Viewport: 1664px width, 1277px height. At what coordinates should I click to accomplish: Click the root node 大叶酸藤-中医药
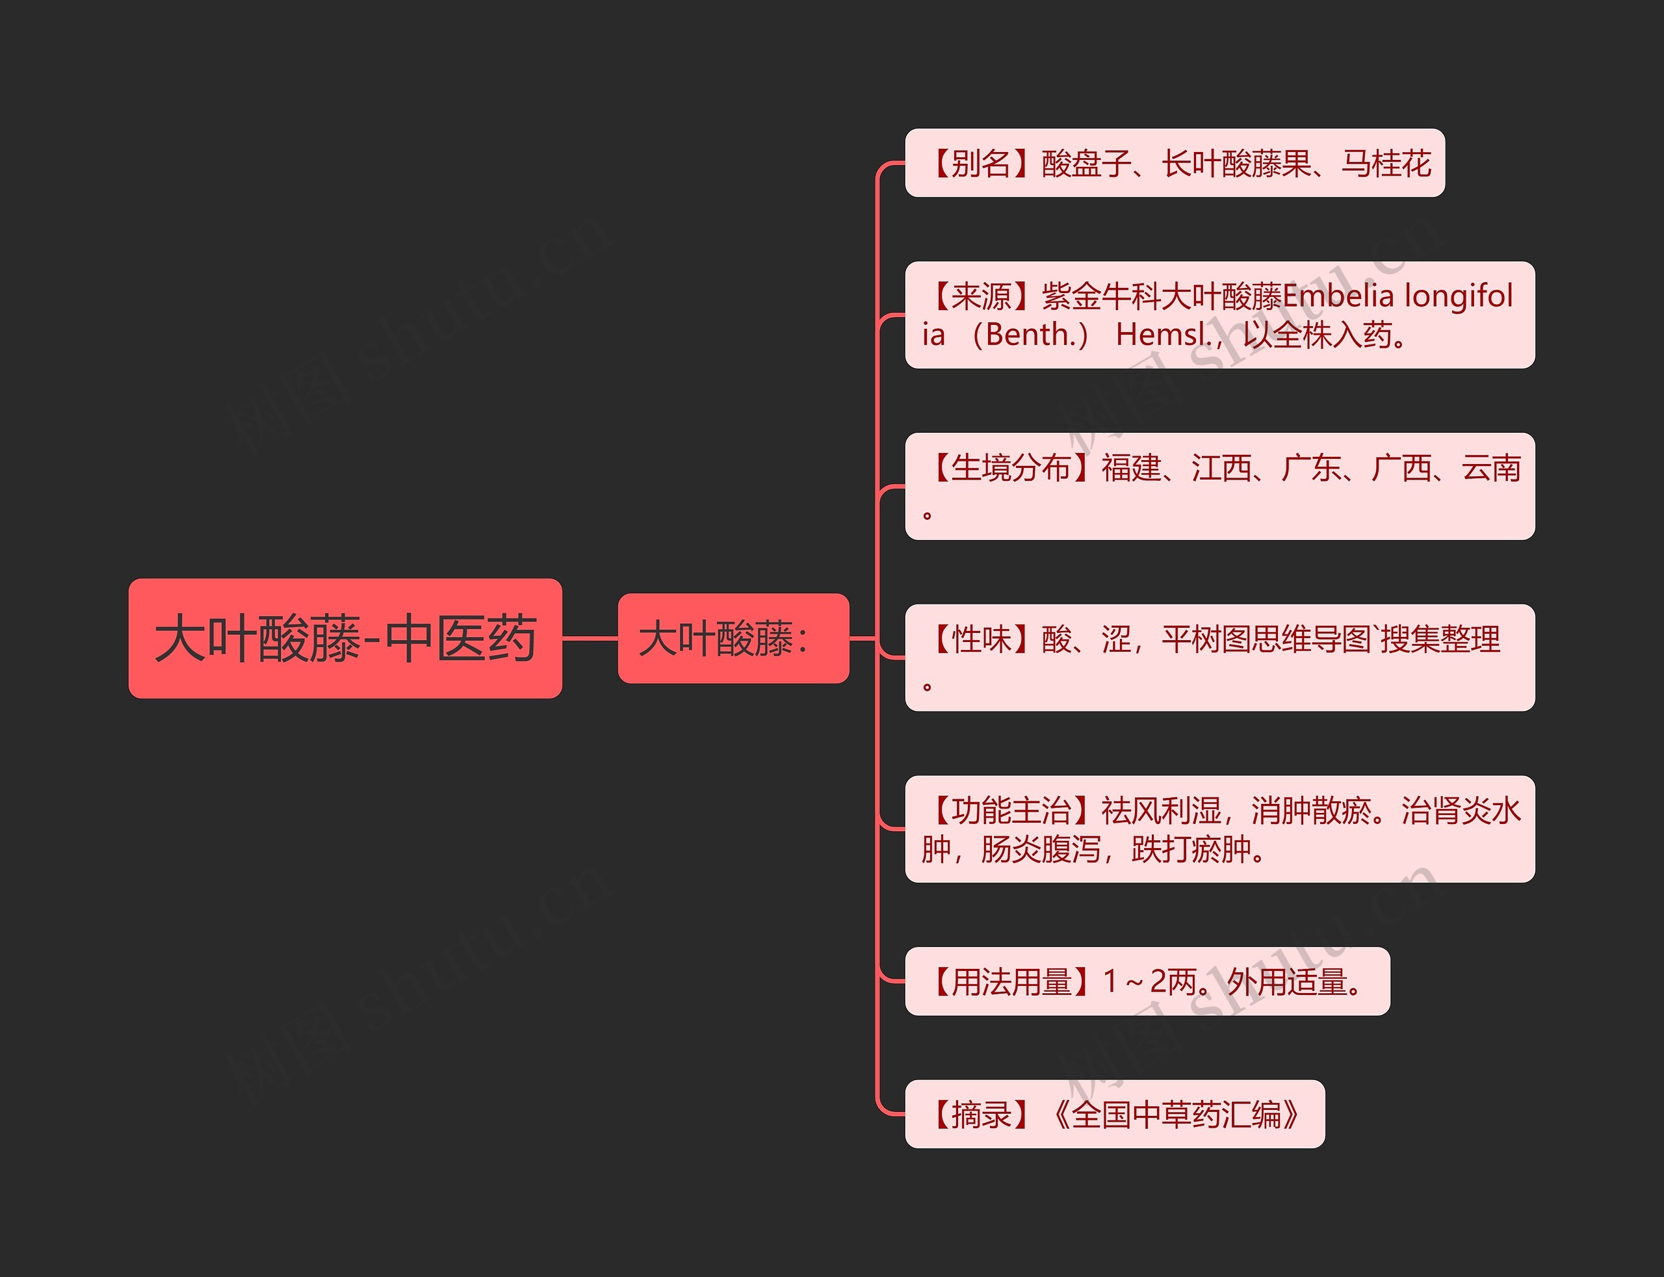tap(345, 638)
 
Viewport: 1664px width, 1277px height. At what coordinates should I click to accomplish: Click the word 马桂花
tap(1386, 163)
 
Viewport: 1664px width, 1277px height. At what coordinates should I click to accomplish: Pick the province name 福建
tap(1131, 468)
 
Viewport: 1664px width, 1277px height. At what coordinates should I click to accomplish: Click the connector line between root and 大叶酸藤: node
tap(590, 638)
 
